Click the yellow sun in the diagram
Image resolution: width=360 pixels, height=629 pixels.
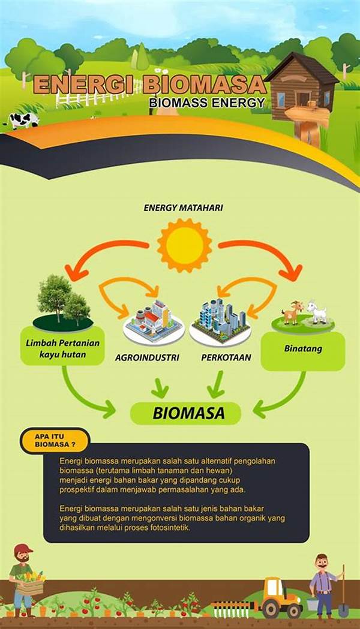tap(184, 245)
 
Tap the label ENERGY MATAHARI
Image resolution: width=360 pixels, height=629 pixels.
tap(184, 208)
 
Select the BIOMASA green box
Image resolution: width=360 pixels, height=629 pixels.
tap(185, 413)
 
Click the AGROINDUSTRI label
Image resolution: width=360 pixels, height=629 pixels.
tap(147, 357)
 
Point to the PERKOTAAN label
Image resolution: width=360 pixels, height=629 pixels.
tap(226, 357)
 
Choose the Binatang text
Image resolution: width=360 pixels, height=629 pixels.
tap(303, 348)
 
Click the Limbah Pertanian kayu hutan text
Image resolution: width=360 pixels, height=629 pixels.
tap(62, 348)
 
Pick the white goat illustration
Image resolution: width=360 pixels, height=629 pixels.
tap(317, 312)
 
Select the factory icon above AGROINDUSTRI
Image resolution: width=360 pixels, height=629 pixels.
tap(154, 321)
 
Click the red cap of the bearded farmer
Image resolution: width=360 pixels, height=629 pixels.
tap(23, 548)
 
